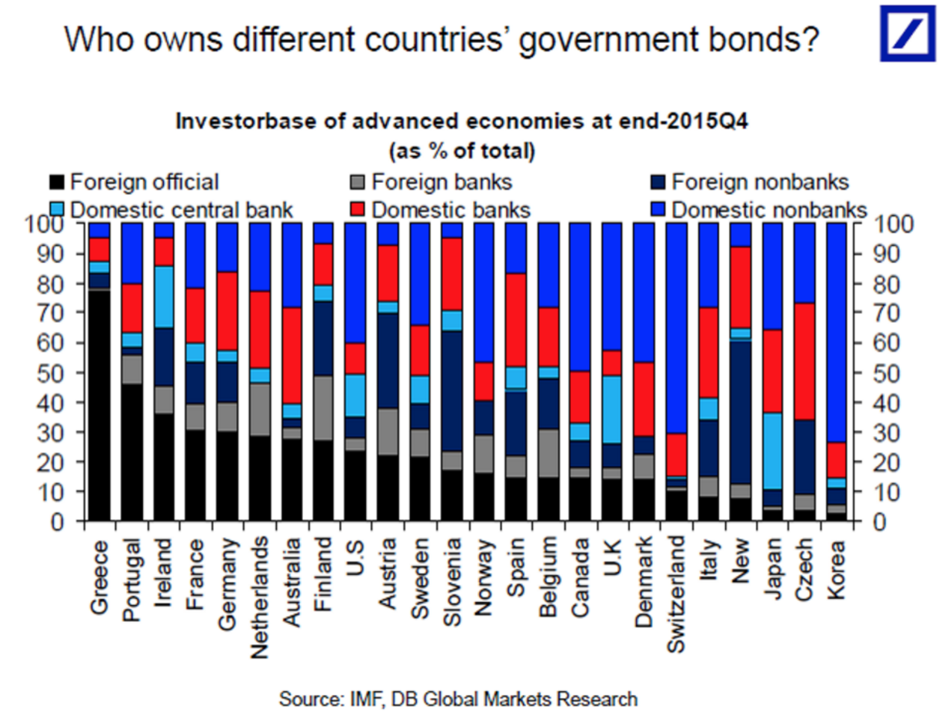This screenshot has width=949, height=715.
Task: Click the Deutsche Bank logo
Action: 907,33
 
